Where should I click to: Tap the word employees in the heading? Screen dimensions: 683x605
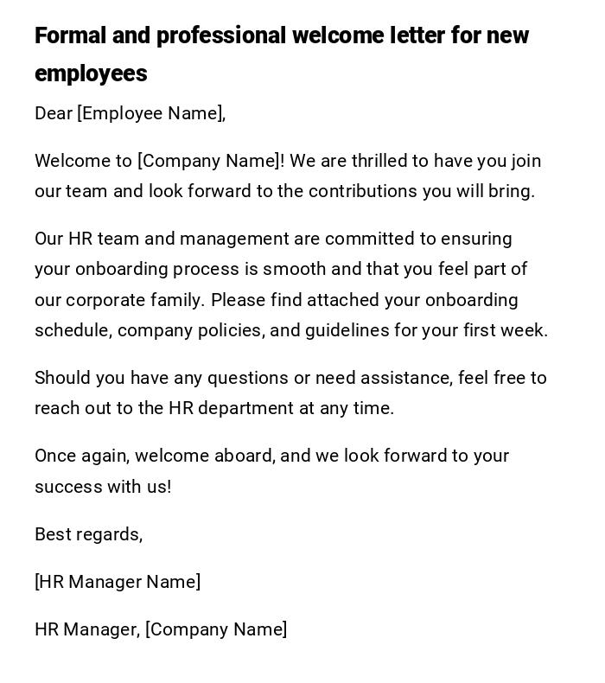pyautogui.click(x=91, y=74)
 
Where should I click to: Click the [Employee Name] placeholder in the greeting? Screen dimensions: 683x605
pyautogui.click(x=151, y=113)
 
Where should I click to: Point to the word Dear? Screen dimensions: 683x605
pyautogui.click(x=54, y=113)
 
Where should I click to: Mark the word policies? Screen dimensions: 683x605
pyautogui.click(x=235, y=330)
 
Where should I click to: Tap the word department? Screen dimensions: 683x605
pyautogui.click(x=245, y=408)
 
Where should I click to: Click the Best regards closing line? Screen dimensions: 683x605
pyautogui.click(x=88, y=534)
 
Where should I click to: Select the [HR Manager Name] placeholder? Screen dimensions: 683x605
pyautogui.click(x=118, y=582)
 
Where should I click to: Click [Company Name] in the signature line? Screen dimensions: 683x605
pyautogui.click(x=216, y=629)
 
